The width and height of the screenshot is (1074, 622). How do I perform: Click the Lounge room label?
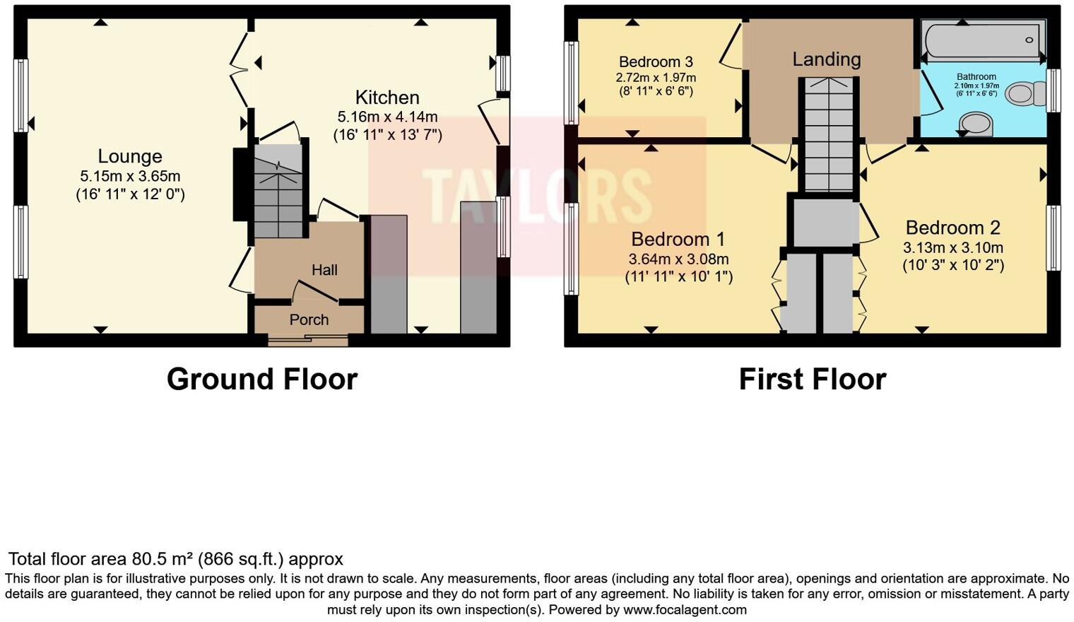pyautogui.click(x=130, y=156)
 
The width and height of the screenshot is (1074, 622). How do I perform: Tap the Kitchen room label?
pyautogui.click(x=387, y=98)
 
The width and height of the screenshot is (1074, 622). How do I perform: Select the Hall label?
pyautogui.click(x=324, y=270)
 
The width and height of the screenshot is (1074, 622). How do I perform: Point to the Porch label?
pyautogui.click(x=309, y=319)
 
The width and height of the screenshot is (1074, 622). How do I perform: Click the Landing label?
pyautogui.click(x=826, y=59)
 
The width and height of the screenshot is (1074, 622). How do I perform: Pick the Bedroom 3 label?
pyautogui.click(x=656, y=62)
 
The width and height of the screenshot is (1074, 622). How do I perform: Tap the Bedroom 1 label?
pyautogui.click(x=678, y=239)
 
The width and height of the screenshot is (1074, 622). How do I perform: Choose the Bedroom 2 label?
pyautogui.click(x=952, y=228)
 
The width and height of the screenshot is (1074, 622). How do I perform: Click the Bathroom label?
pyautogui.click(x=976, y=76)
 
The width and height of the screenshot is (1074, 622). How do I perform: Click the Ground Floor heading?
pyautogui.click(x=261, y=380)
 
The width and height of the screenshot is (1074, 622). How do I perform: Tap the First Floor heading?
pyautogui.click(x=812, y=380)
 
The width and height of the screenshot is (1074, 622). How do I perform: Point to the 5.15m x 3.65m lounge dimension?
pyautogui.click(x=130, y=176)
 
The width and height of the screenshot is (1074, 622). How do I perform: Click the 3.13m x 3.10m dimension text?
pyautogui.click(x=952, y=247)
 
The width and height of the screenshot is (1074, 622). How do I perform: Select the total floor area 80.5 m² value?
pyautogui.click(x=163, y=559)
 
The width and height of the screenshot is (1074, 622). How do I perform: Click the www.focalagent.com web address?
pyautogui.click(x=684, y=609)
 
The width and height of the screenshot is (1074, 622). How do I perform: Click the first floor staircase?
pyautogui.click(x=828, y=134)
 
